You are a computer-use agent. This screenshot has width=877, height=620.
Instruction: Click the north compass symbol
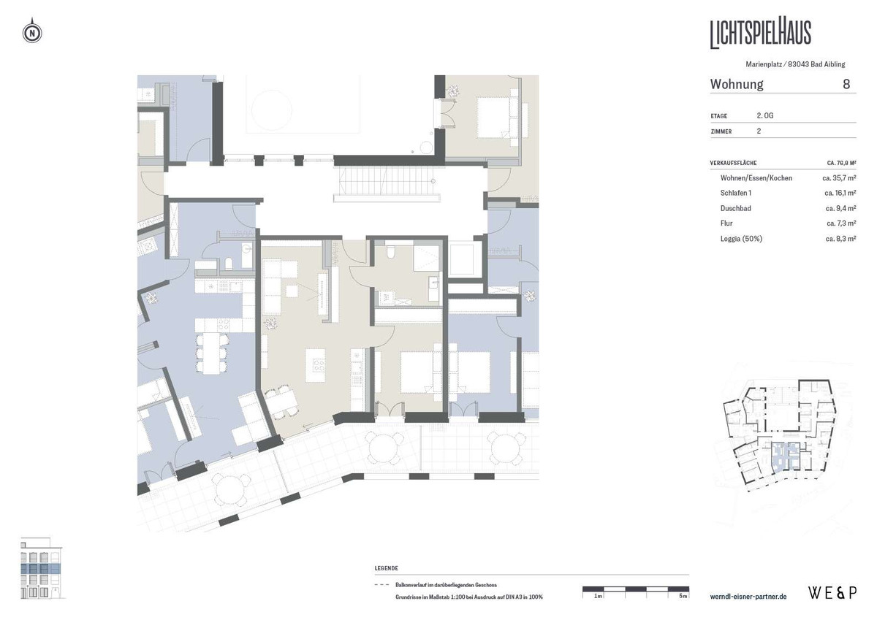[x=32, y=31]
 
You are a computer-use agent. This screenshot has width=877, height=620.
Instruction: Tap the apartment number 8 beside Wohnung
[x=846, y=84]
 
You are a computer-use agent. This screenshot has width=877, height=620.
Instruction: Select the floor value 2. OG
[x=765, y=115]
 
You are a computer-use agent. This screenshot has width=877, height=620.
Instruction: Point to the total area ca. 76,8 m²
[x=841, y=163]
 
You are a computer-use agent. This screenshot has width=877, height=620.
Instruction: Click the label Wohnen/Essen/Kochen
[x=756, y=178]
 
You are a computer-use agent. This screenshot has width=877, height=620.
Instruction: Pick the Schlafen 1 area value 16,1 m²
[x=840, y=193]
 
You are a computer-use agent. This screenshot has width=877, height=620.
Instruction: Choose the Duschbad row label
[x=736, y=208]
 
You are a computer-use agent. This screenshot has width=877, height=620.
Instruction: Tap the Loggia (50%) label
[x=741, y=239]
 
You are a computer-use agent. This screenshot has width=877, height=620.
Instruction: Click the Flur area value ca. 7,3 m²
[x=841, y=223]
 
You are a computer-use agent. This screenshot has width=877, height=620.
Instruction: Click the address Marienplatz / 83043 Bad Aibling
[x=795, y=64]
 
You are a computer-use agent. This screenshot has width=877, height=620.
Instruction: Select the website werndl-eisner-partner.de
[x=748, y=597]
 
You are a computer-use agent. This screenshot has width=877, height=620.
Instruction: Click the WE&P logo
[x=832, y=593]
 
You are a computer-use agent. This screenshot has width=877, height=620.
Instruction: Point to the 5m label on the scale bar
[x=683, y=596]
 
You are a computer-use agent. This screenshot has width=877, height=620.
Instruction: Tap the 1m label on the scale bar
[x=598, y=596]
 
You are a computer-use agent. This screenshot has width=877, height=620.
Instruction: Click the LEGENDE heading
[x=386, y=568]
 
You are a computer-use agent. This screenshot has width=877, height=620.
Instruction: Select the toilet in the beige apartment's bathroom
[x=391, y=252]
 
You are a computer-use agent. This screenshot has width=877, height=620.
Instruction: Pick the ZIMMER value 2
[x=759, y=131]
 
